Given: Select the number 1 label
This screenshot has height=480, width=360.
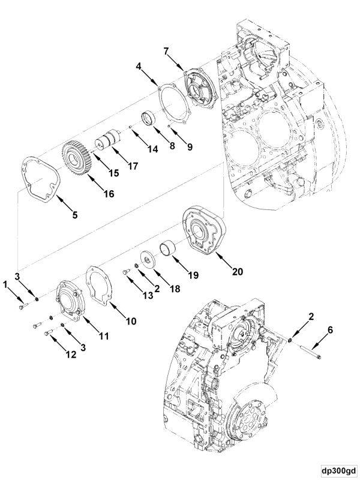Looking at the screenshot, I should [7, 281].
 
